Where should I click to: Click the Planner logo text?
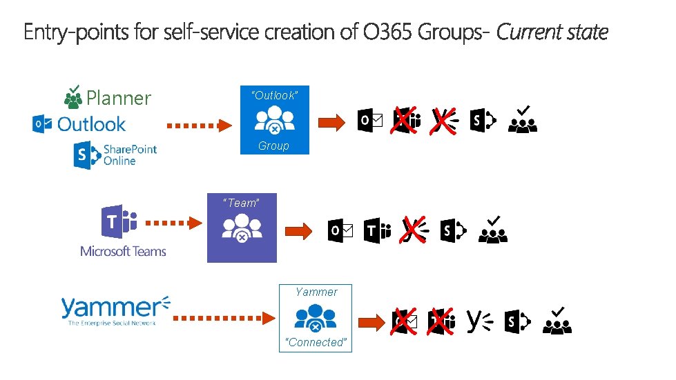(x=118, y=98)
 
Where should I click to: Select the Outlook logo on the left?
(x=79, y=124)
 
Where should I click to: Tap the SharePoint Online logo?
(x=115, y=155)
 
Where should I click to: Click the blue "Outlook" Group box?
(x=274, y=120)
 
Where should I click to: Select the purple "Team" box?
(x=242, y=228)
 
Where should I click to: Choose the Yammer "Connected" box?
(x=316, y=318)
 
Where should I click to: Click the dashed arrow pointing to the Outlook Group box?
(x=200, y=125)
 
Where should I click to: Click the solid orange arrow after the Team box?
(x=299, y=231)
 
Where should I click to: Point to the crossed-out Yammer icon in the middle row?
(x=413, y=230)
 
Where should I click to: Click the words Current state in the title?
(x=552, y=32)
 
